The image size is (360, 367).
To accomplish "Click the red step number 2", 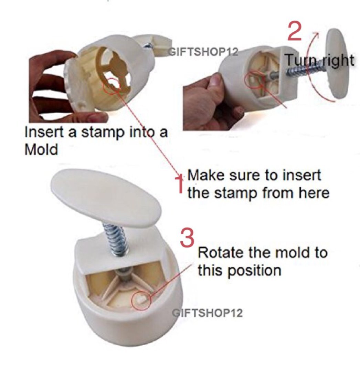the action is pyautogui.click(x=294, y=31).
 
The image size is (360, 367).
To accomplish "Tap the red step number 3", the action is pyautogui.click(x=187, y=237).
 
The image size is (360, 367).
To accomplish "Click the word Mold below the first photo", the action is pyautogui.click(x=41, y=149).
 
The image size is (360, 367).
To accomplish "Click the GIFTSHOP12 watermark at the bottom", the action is pyautogui.click(x=207, y=313).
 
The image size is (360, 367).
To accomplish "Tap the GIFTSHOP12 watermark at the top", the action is pyautogui.click(x=203, y=52).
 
